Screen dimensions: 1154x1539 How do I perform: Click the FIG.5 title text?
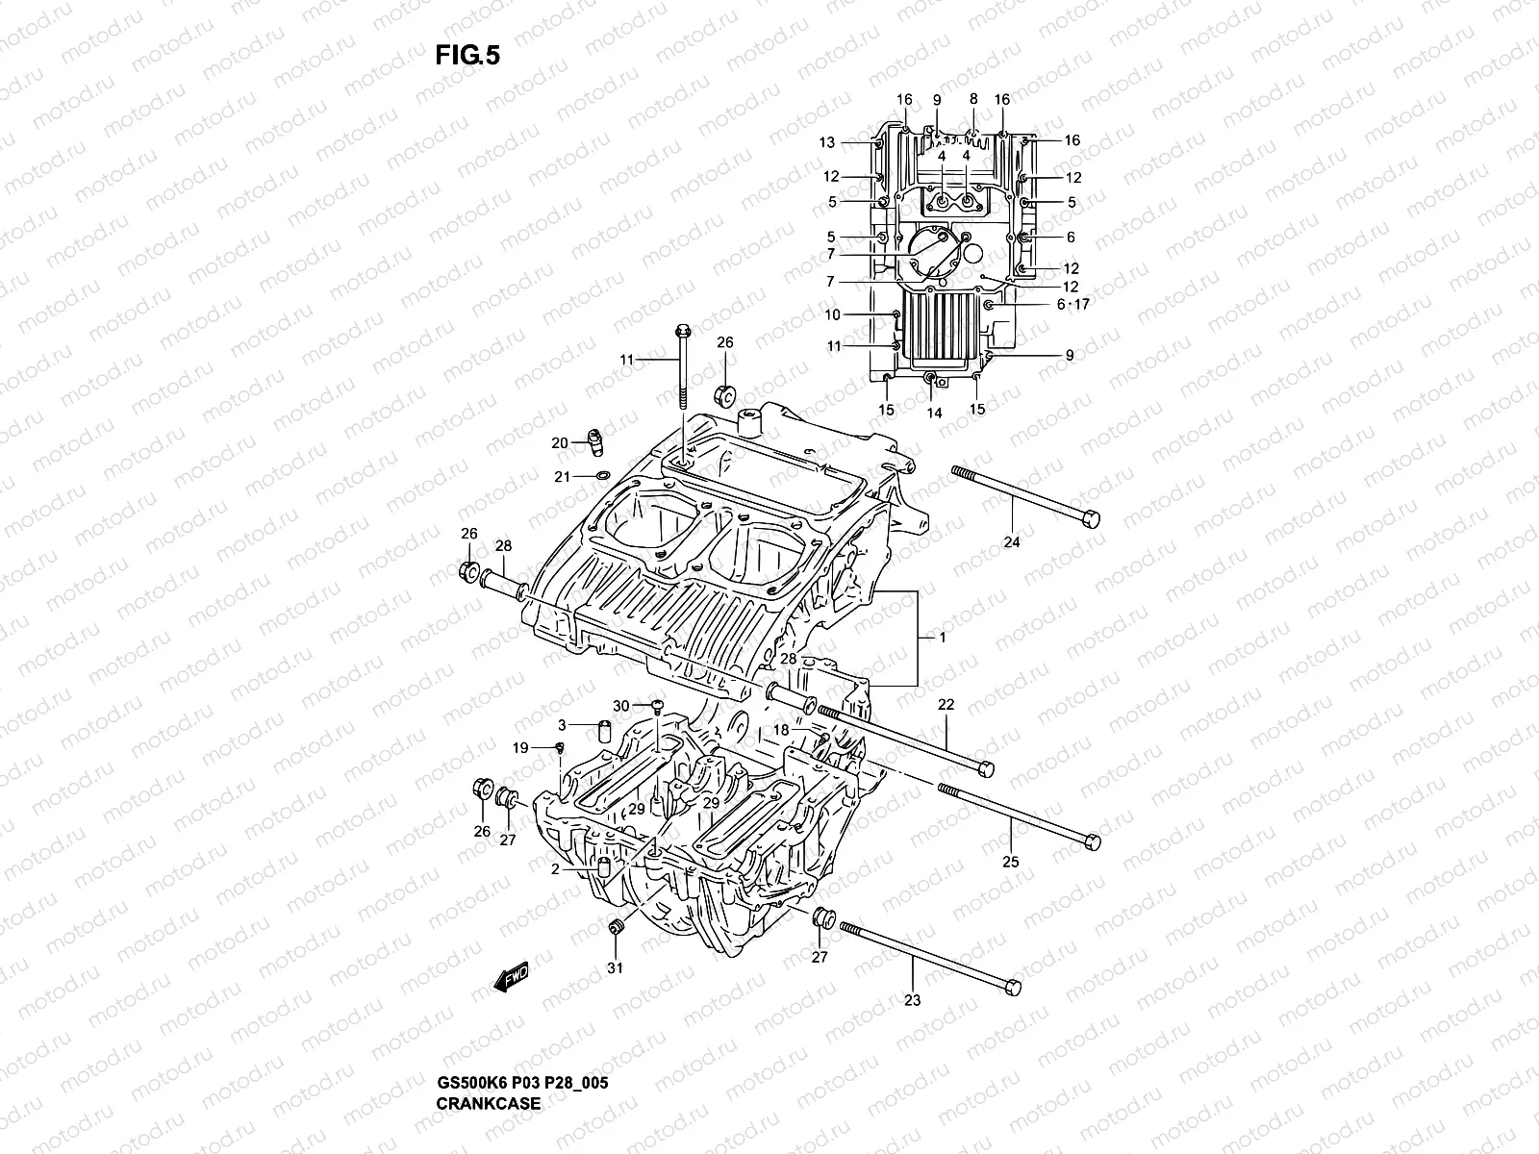467,57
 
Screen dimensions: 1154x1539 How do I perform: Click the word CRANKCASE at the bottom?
490,1103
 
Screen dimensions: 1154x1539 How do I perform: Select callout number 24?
1011,542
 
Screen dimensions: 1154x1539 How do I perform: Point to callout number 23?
912,1000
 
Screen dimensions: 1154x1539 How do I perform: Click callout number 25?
1010,862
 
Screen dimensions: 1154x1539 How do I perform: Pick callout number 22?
946,705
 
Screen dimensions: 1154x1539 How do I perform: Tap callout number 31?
615,967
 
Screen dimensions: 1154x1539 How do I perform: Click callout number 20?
559,443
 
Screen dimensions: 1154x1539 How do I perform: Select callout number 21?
562,477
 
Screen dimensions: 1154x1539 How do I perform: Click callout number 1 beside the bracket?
943,638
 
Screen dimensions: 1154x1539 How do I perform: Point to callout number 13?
827,142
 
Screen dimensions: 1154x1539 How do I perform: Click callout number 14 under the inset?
934,414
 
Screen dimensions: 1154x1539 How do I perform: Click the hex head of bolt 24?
1090,519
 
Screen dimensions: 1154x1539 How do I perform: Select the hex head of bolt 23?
1010,988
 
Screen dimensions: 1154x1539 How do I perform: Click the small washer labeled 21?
602,475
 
